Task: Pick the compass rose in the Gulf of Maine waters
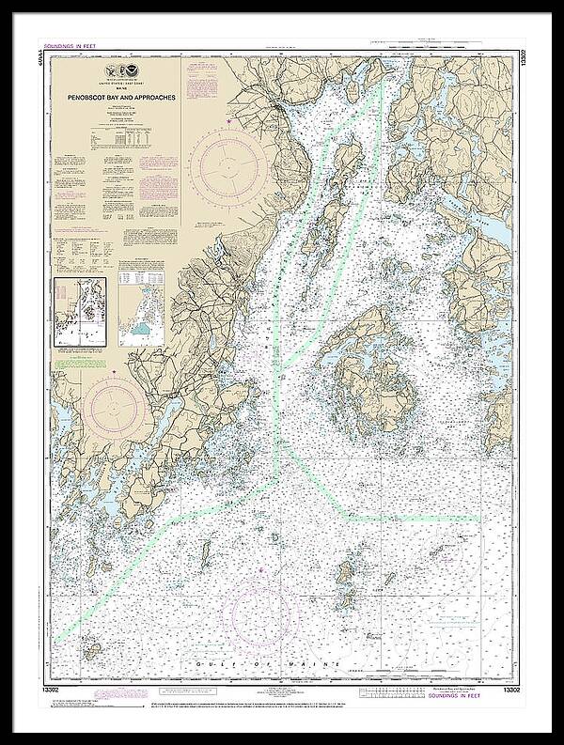pos(259,615)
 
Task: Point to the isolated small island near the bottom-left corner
pos(92,649)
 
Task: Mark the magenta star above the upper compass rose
pos(228,121)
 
